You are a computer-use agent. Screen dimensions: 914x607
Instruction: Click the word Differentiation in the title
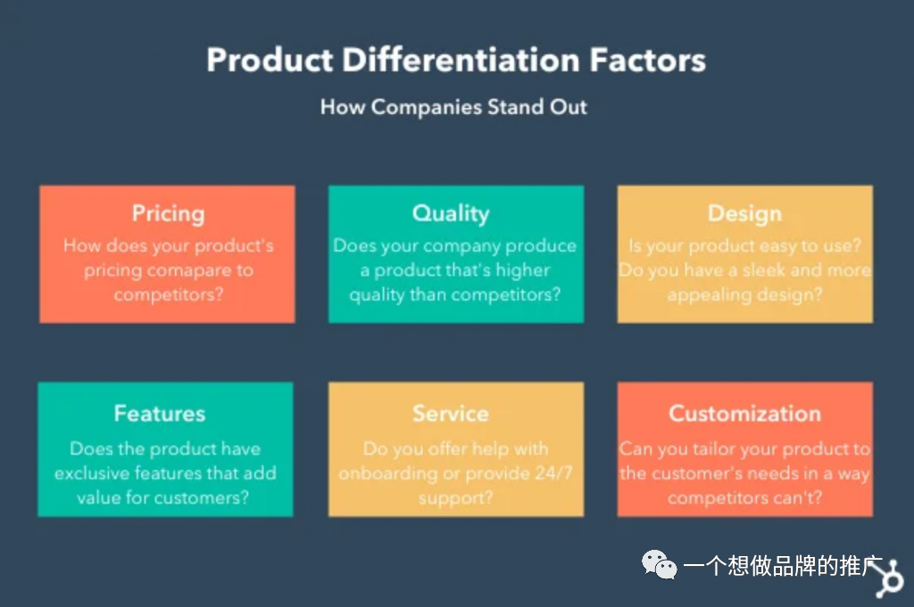point(461,60)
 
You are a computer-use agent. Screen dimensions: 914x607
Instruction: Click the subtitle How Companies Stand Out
point(453,107)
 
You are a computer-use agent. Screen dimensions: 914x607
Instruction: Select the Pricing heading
point(168,214)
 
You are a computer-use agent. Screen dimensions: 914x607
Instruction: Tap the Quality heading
point(451,214)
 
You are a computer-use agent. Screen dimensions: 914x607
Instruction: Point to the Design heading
point(744,214)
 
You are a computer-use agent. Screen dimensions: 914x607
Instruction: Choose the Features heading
point(160,413)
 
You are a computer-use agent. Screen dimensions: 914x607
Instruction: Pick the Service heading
point(451,413)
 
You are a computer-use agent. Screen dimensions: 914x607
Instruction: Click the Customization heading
point(744,413)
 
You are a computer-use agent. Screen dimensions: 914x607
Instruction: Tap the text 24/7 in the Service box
point(553,472)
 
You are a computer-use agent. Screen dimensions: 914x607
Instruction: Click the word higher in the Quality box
point(522,270)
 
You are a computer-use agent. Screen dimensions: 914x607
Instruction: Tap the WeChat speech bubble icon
point(659,564)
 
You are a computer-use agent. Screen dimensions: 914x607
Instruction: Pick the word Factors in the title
point(648,60)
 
